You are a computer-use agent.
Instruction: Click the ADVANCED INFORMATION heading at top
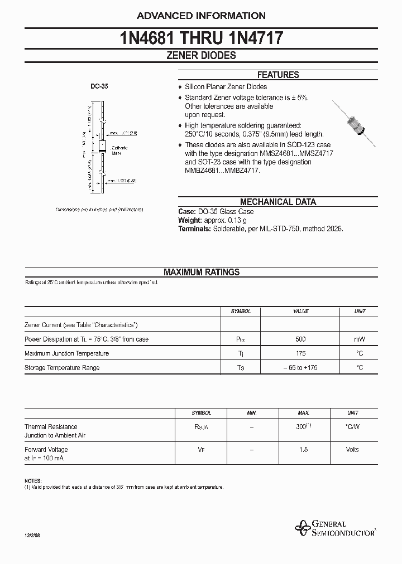click(201, 16)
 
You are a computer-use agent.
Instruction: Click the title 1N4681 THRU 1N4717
click(201, 38)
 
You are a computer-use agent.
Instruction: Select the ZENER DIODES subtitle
click(201, 56)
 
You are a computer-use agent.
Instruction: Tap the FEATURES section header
click(277, 75)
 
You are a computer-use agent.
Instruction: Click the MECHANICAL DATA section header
click(277, 202)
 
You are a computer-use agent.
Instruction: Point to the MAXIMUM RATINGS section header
click(201, 272)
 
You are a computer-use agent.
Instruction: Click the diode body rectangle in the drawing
click(102, 147)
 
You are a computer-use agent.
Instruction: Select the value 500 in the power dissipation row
click(301, 339)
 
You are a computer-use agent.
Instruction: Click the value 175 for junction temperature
click(301, 353)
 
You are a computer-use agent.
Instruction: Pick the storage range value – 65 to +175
click(301, 368)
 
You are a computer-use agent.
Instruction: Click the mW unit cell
click(360, 339)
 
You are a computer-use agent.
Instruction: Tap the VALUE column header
click(301, 312)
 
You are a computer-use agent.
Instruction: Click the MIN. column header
click(252, 413)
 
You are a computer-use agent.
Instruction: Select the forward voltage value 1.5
click(303, 449)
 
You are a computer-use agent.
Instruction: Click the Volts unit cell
click(352, 449)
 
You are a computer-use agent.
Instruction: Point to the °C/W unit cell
click(352, 427)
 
